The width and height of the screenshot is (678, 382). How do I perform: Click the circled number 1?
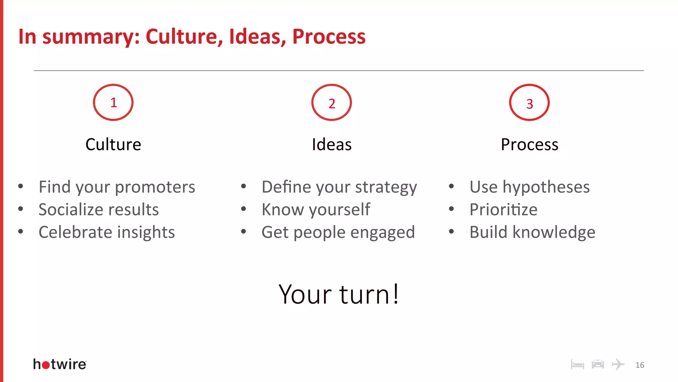point(113,102)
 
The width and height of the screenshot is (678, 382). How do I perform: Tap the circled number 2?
point(331,103)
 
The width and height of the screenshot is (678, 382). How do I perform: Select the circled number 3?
point(529,103)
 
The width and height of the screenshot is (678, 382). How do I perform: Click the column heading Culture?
point(113,145)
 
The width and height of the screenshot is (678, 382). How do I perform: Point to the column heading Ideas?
point(332,145)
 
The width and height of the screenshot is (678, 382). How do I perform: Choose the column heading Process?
point(529,145)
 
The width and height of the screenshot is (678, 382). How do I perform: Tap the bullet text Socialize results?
point(99,210)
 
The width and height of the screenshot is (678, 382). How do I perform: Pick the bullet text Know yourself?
point(316,210)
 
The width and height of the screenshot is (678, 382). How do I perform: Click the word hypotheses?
point(546,187)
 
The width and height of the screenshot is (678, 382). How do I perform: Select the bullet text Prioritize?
point(503,210)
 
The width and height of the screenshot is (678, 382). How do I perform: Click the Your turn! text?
point(339,294)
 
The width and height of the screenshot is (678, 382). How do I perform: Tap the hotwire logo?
point(60,364)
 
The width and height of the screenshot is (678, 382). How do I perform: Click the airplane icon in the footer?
point(618,364)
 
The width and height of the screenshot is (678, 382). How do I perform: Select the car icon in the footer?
point(598,364)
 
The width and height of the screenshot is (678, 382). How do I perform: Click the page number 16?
point(640,365)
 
